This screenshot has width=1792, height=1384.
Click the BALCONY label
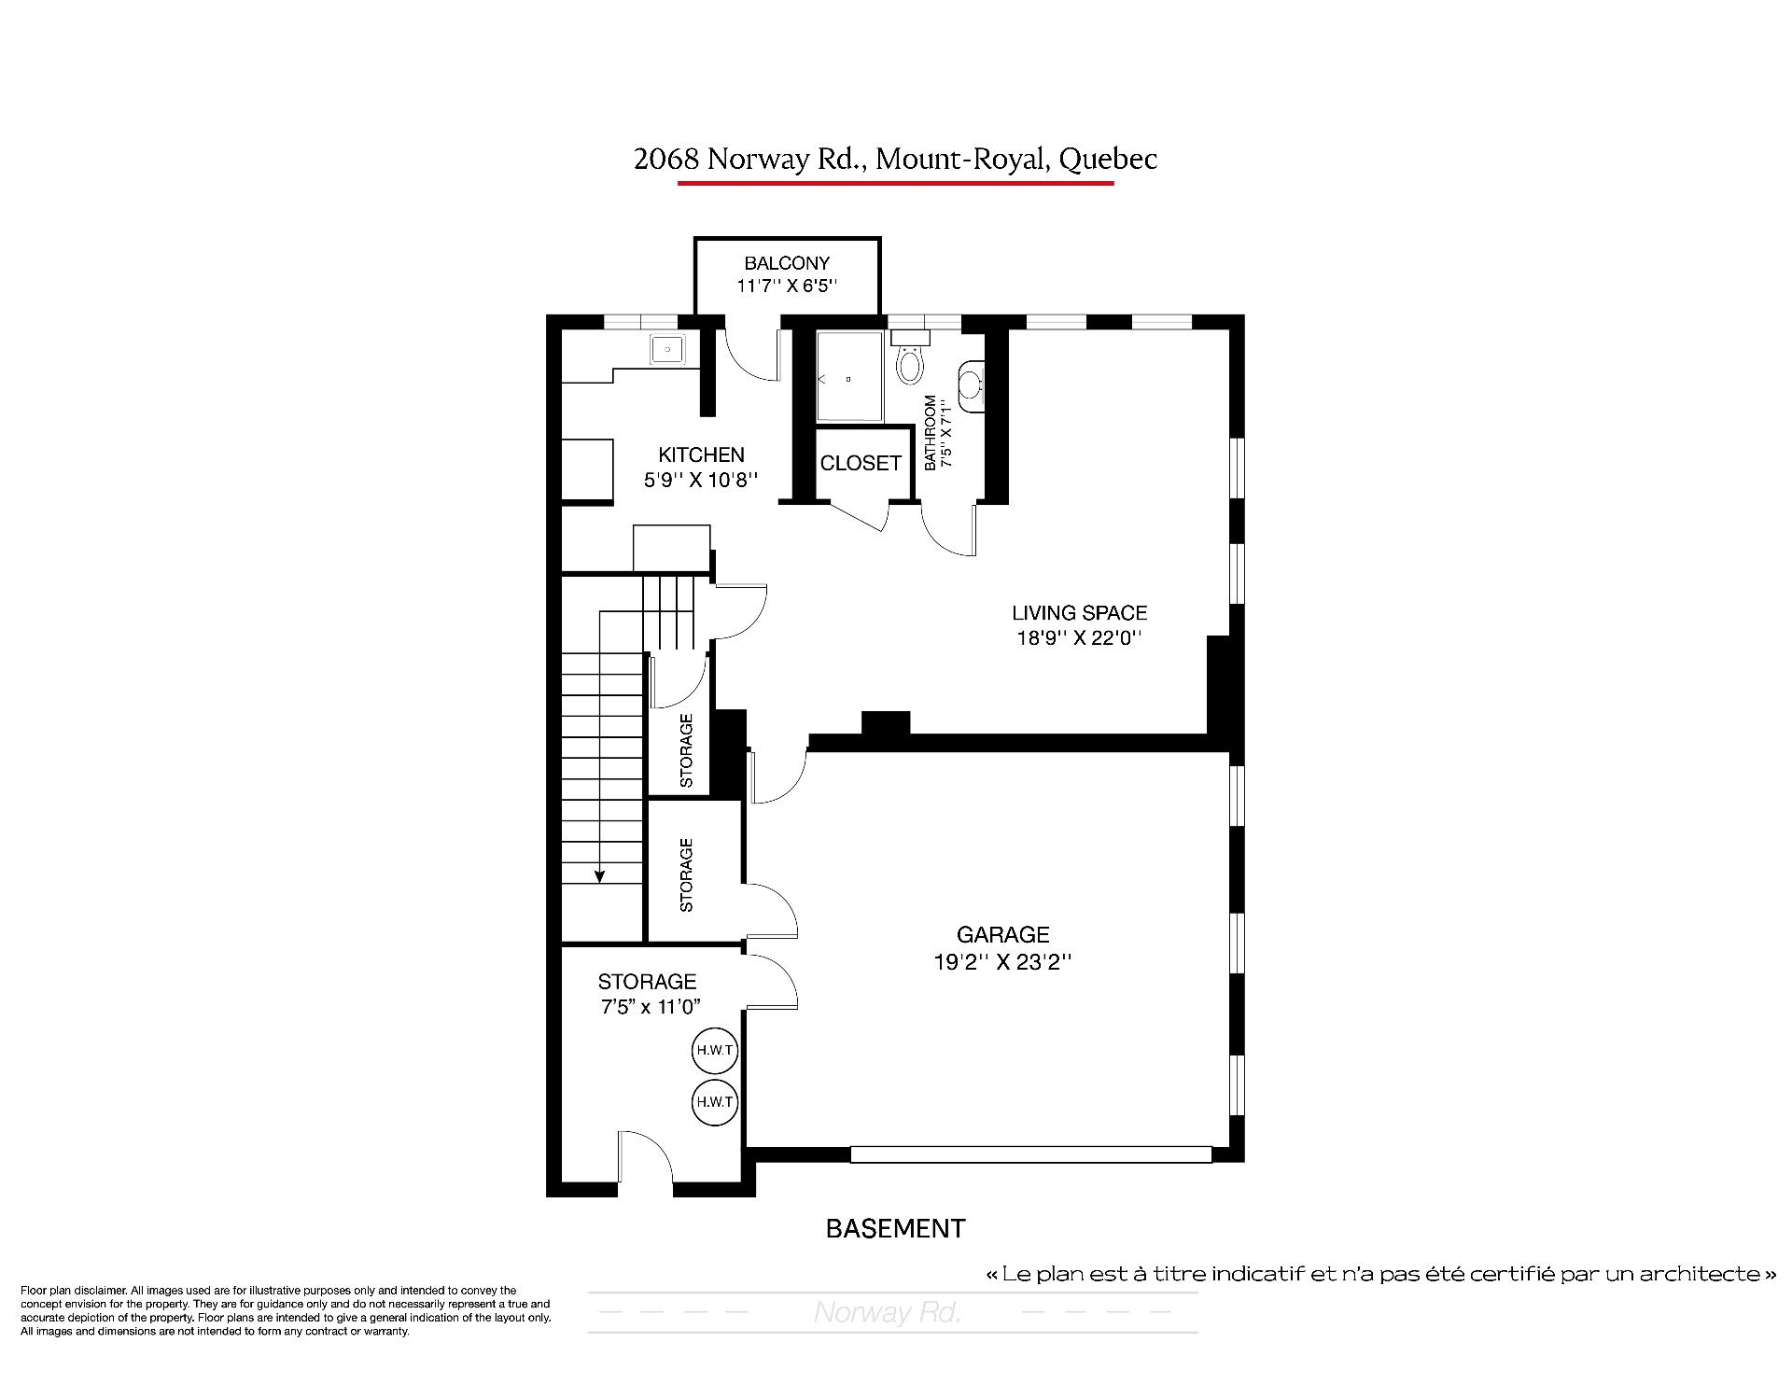click(x=787, y=263)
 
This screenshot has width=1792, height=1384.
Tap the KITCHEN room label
click(x=701, y=454)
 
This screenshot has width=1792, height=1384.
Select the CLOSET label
click(x=861, y=463)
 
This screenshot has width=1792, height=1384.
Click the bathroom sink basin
click(x=972, y=385)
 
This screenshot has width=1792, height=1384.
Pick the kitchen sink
click(x=667, y=349)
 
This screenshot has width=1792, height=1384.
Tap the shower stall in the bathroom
click(x=849, y=377)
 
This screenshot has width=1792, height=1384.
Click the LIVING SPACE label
click(x=1080, y=613)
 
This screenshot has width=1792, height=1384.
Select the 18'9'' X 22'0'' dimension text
click(x=1080, y=639)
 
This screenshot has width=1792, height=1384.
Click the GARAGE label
click(x=1003, y=934)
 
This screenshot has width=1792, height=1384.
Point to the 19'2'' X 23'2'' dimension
click(x=1002, y=962)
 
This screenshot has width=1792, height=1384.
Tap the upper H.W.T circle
click(x=715, y=1050)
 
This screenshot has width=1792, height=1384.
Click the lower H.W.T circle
click(x=715, y=1102)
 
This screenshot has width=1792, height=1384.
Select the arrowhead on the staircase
click(x=600, y=875)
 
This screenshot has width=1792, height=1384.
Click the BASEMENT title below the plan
click(x=896, y=1228)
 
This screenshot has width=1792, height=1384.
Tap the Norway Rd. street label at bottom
click(x=888, y=1312)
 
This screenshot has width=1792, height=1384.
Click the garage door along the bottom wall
click(x=1031, y=1154)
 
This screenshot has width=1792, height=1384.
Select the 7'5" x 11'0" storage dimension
click(x=650, y=1007)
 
